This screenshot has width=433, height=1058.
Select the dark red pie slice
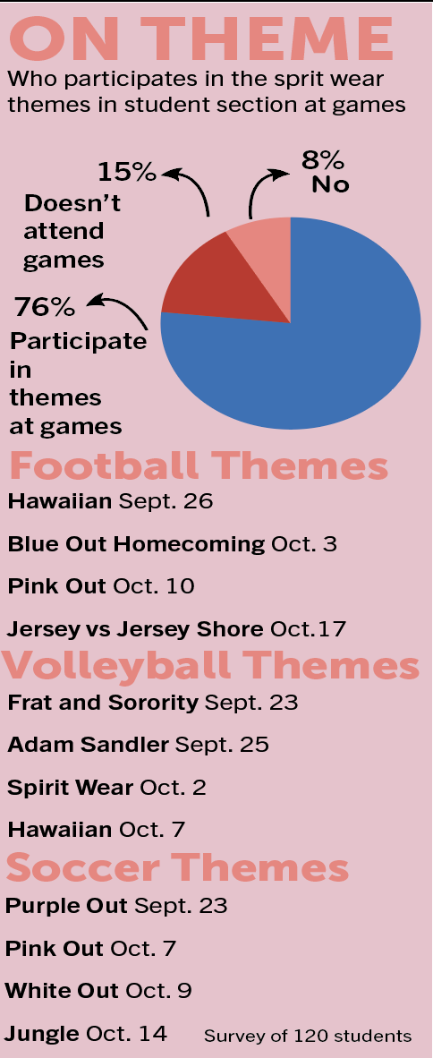click(216, 286)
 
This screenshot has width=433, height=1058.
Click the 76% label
click(45, 308)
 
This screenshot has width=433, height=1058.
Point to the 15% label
click(127, 172)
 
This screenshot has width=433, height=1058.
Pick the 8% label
click(323, 160)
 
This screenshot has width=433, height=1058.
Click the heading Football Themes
click(199, 465)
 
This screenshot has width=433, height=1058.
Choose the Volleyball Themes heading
click(210, 665)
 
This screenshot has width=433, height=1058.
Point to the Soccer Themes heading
click(177, 867)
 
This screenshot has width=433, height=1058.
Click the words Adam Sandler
click(88, 744)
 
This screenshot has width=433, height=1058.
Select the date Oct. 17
click(309, 629)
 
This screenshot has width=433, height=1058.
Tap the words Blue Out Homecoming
click(136, 544)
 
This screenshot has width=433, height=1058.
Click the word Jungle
click(42, 1033)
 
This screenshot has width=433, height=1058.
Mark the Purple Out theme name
click(66, 906)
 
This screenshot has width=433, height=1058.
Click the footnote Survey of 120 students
click(308, 1036)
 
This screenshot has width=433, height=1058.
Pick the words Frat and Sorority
click(103, 703)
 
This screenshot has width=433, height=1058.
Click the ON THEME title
click(201, 38)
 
